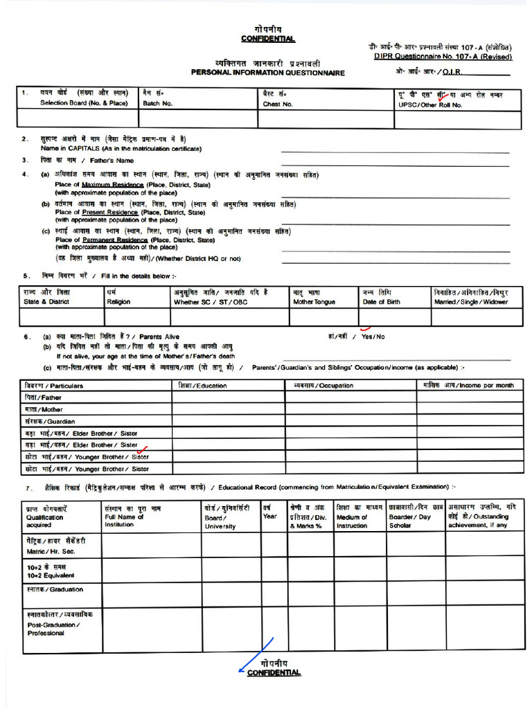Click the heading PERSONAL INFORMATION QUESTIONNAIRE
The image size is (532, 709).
[267, 73]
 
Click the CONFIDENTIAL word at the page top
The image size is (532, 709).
[267, 39]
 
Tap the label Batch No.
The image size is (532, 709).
[158, 104]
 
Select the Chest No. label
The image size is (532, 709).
[278, 104]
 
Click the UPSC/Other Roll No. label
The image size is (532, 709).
[430, 104]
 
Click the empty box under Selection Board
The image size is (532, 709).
[78, 119]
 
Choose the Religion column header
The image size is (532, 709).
[118, 302]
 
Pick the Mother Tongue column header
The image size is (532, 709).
[314, 302]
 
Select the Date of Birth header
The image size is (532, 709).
[378, 302]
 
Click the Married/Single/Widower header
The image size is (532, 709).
[470, 302]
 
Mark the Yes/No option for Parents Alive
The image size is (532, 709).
[372, 336]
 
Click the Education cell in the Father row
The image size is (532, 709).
[229, 397]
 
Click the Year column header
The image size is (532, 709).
[270, 516]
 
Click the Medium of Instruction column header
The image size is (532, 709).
[352, 521]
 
